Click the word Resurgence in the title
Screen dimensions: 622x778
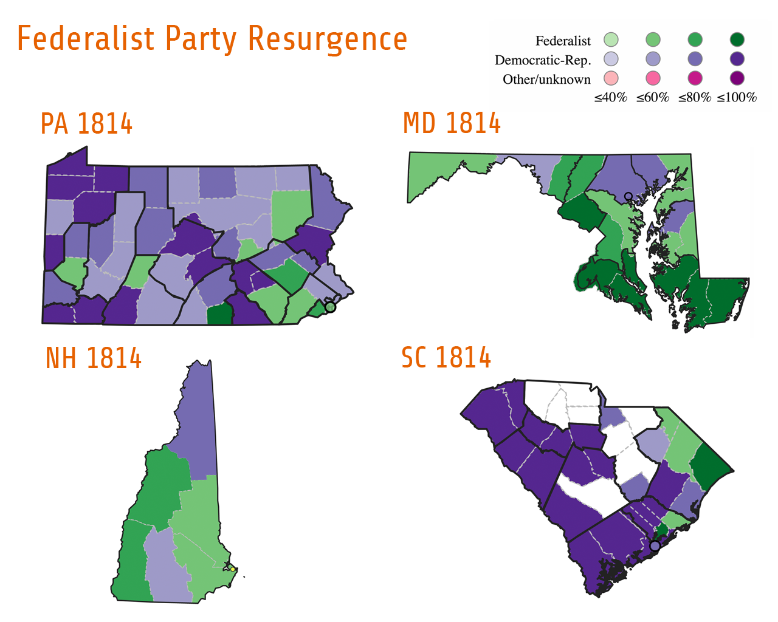pyautogui.click(x=327, y=39)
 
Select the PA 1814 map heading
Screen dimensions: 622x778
pyautogui.click(x=86, y=124)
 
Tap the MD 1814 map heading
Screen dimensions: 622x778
pyautogui.click(x=452, y=124)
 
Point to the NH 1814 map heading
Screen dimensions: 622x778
pyautogui.click(x=94, y=358)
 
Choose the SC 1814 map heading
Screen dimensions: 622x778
pyautogui.click(x=446, y=358)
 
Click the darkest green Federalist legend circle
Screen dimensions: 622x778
pyautogui.click(x=737, y=40)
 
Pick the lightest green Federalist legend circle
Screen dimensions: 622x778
pyautogui.click(x=611, y=40)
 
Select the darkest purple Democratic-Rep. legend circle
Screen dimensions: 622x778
pyautogui.click(x=737, y=59)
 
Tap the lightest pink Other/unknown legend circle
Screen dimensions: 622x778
pyautogui.click(x=611, y=78)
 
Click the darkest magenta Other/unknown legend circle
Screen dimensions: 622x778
pyautogui.click(x=737, y=78)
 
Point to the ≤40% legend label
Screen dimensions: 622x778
pyautogui.click(x=610, y=98)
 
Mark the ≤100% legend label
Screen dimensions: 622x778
pyautogui.click(x=737, y=98)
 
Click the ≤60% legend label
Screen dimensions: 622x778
pyautogui.click(x=653, y=98)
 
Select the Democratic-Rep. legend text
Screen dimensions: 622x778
pyautogui.click(x=543, y=60)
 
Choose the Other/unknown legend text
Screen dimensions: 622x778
pyautogui.click(x=546, y=80)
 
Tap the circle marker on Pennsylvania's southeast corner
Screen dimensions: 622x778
pyautogui.click(x=330, y=307)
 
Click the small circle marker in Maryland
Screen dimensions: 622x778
pyautogui.click(x=628, y=196)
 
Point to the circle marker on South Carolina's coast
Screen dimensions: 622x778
pyautogui.click(x=655, y=546)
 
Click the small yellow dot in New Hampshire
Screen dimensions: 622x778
pyautogui.click(x=233, y=569)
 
